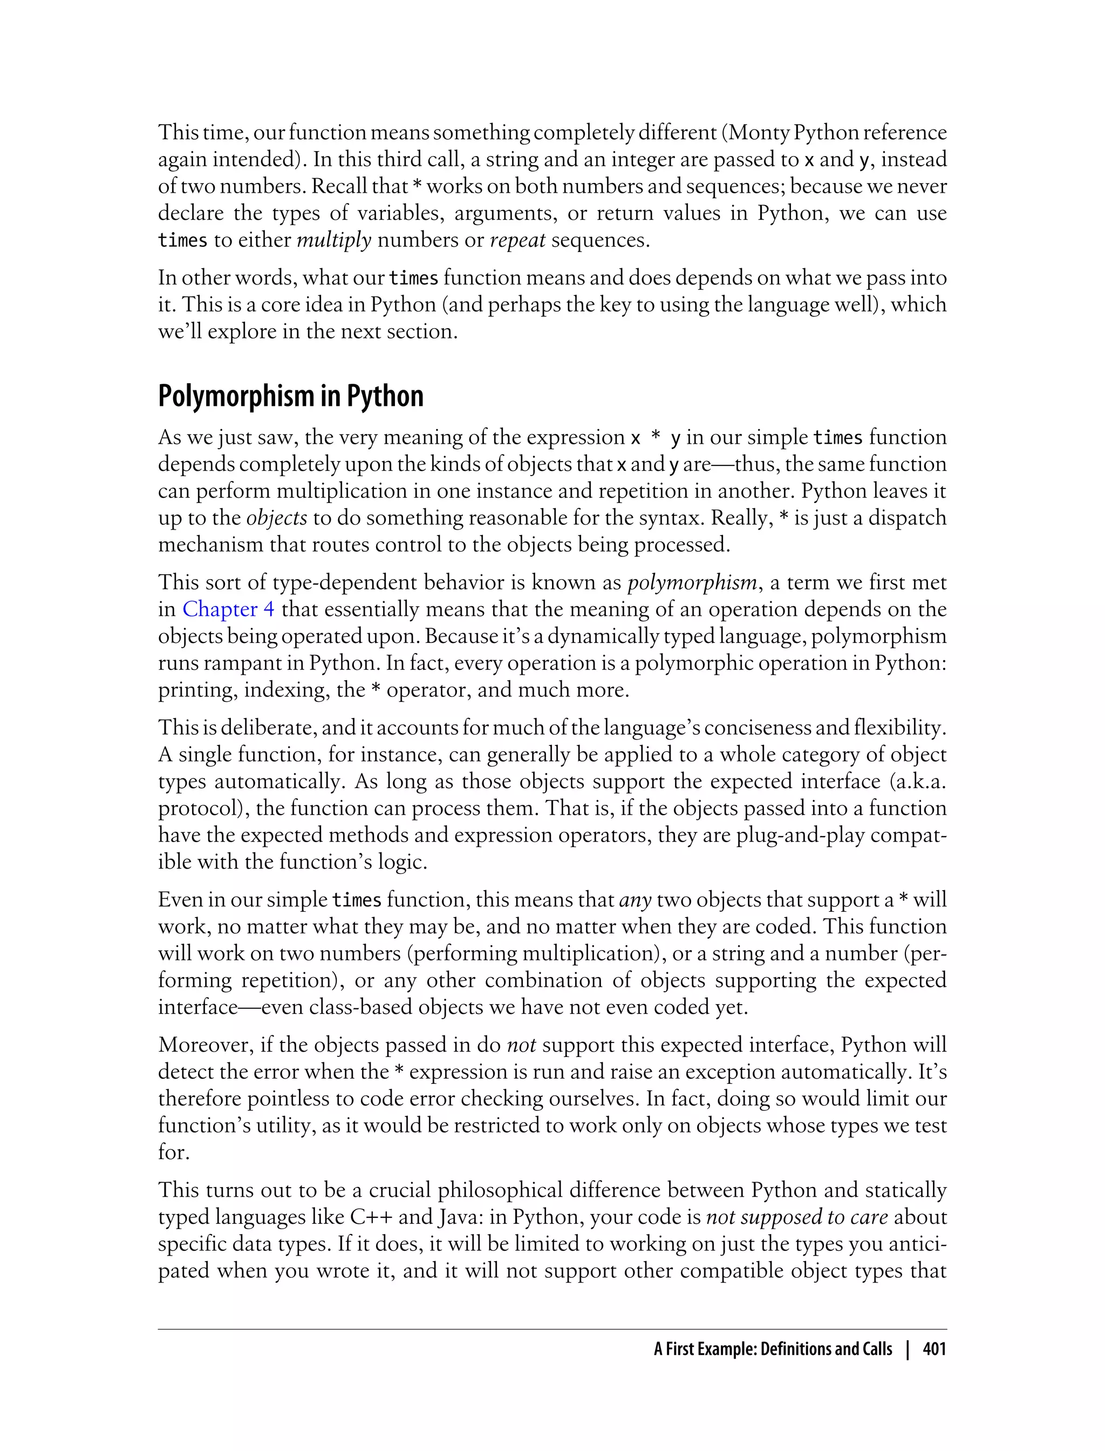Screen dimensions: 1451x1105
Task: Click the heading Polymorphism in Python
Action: pyautogui.click(x=291, y=396)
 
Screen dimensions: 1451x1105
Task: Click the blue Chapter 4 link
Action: pyautogui.click(x=228, y=609)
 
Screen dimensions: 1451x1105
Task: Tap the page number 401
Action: pyautogui.click(x=934, y=1349)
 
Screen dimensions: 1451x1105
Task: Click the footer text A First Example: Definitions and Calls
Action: pyautogui.click(x=773, y=1349)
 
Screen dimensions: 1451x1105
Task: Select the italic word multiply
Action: pyautogui.click(x=334, y=240)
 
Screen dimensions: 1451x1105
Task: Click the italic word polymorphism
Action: pyautogui.click(x=692, y=582)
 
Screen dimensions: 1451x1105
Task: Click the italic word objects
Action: pyautogui.click(x=276, y=517)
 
